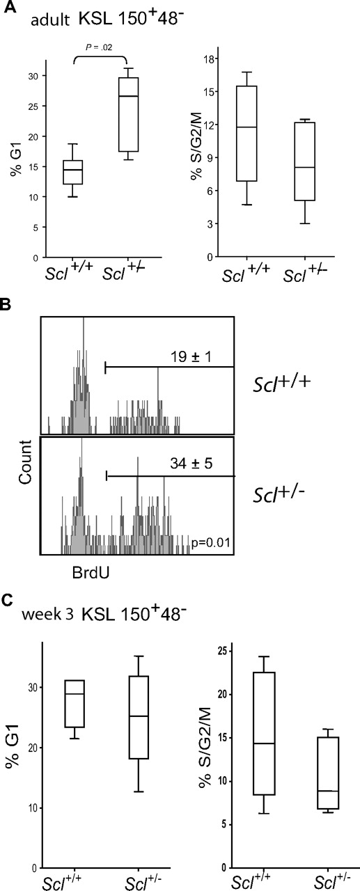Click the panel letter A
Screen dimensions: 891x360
[x=7, y=8]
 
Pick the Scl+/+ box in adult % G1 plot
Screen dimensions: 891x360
[x=73, y=172]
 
